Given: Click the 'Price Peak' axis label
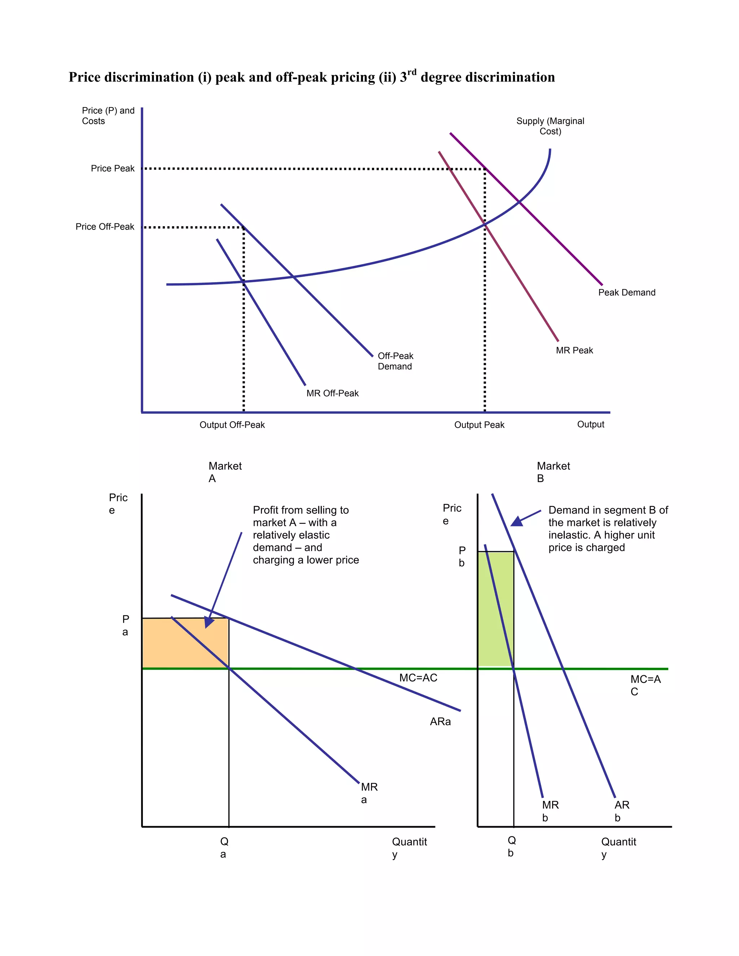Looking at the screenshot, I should [113, 168].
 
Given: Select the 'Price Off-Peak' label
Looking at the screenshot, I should [105, 227].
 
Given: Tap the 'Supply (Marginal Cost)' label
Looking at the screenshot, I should [550, 126].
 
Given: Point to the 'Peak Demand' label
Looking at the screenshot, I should [626, 293].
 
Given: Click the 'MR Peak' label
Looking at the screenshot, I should [574, 350].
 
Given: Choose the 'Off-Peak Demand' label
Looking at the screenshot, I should [395, 361].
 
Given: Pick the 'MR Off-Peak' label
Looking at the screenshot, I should [332, 393].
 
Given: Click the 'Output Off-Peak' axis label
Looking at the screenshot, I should [232, 425].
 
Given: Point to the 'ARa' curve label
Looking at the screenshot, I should [440, 722].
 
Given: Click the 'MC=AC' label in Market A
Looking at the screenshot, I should [418, 677].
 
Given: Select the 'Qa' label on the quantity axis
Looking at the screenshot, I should [224, 847].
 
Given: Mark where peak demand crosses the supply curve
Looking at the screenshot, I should [519, 202].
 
